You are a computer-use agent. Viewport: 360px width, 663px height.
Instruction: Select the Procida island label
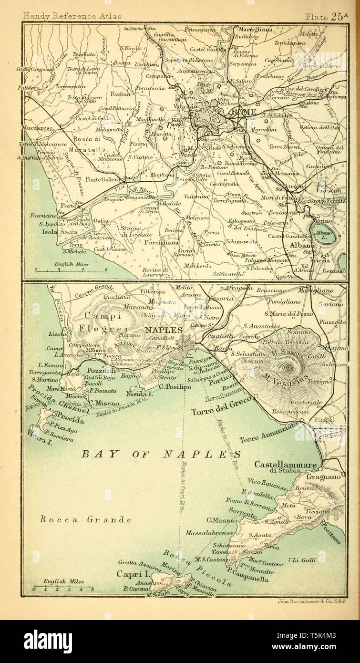pos(68,421)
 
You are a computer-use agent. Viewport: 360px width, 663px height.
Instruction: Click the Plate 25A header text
pos(328,16)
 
